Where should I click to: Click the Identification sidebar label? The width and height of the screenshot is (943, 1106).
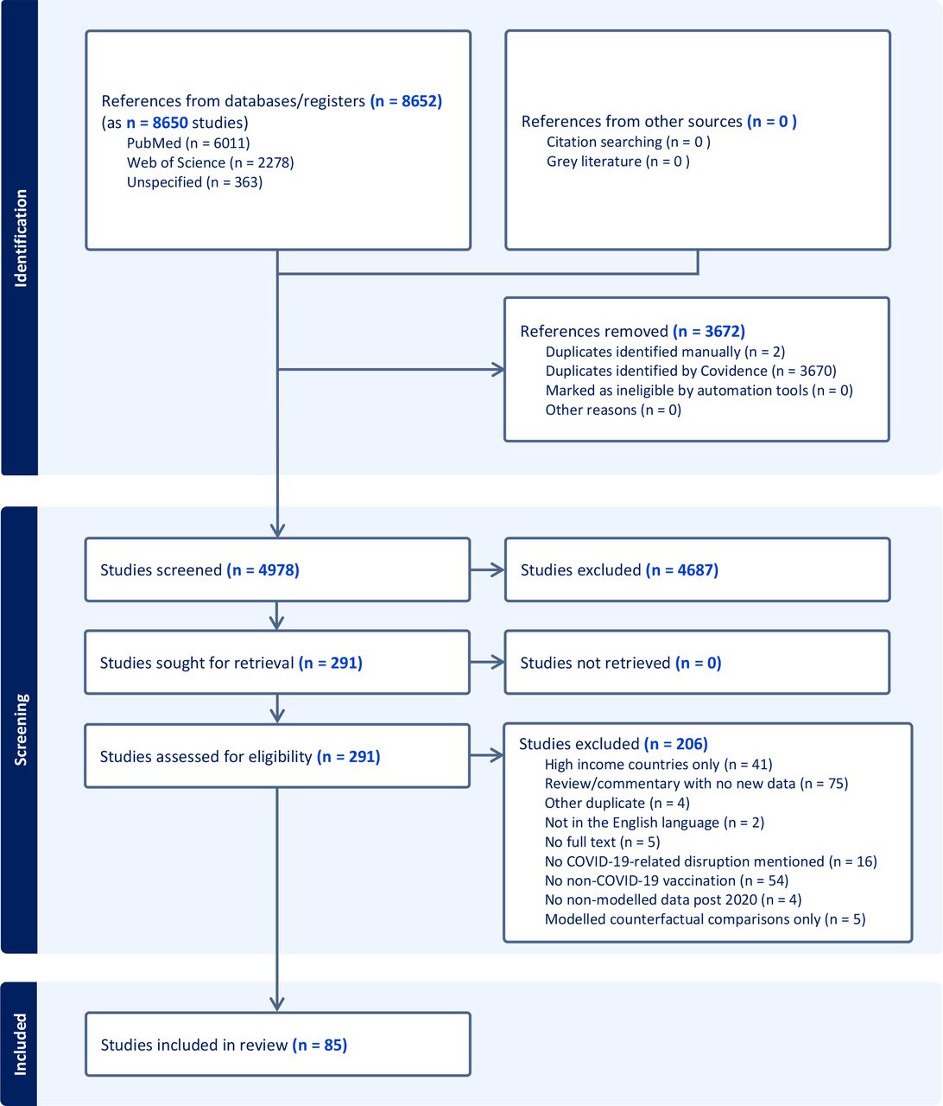point(21,238)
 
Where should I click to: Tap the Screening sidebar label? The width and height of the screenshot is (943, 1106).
point(21,729)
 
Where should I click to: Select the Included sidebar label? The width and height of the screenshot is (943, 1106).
point(21,1044)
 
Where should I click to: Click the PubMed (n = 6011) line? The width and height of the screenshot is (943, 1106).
point(188,143)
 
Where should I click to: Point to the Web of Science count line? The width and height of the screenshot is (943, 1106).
point(210,162)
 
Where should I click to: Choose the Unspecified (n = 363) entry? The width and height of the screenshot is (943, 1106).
point(194,182)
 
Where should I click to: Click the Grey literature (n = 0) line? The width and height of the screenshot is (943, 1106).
point(617,161)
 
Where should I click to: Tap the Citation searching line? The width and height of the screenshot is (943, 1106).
point(629,142)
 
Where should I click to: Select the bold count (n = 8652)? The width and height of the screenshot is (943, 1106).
point(406,101)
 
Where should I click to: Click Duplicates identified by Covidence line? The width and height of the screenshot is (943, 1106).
point(691,371)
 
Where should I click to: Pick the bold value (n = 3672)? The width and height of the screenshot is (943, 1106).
point(709,331)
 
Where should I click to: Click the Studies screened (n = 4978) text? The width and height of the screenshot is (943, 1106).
point(199,570)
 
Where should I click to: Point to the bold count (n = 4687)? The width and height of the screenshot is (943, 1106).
point(682,570)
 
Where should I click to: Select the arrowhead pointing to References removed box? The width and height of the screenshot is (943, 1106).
point(498,369)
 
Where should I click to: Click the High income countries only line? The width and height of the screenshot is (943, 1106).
point(658,764)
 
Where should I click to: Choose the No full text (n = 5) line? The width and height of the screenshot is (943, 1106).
point(602,842)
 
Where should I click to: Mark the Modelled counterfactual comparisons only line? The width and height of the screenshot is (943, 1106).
point(705,919)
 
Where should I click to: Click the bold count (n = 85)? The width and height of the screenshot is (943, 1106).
point(320,1045)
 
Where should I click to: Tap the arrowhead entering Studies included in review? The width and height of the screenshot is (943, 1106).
point(277,1004)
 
